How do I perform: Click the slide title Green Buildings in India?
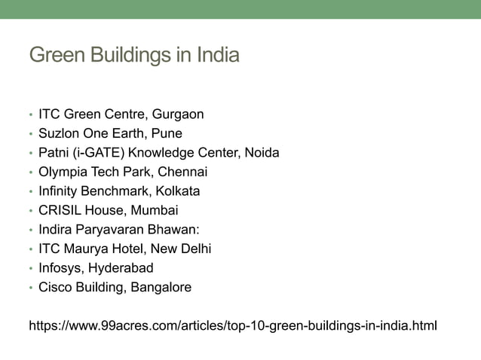click(x=133, y=55)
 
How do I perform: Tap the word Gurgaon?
click(x=178, y=115)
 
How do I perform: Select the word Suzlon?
click(x=59, y=134)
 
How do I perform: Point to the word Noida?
click(x=262, y=154)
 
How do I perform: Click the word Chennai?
click(x=182, y=172)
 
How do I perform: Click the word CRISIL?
click(x=58, y=211)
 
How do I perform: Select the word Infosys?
click(x=61, y=268)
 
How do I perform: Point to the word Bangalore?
click(x=160, y=287)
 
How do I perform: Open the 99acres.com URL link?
click(x=232, y=326)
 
